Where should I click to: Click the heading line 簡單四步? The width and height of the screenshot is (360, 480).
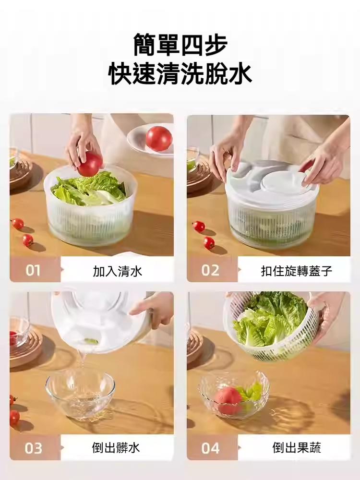[x=180, y=45]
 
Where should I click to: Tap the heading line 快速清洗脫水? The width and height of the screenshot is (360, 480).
[x=180, y=73]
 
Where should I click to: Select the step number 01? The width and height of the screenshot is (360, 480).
[x=33, y=270]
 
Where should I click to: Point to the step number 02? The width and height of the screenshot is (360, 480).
[x=211, y=270]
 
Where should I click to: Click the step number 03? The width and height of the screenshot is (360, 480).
[x=34, y=448]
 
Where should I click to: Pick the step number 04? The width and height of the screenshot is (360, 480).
[x=211, y=448]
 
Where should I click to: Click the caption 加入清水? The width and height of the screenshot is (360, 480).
[x=118, y=271]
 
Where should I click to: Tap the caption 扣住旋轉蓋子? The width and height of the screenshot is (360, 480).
[x=296, y=271]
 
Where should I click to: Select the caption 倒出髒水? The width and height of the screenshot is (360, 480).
[x=116, y=448]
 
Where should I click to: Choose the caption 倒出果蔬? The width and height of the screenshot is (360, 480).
[x=297, y=448]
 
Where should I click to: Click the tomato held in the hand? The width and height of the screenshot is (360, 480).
[x=89, y=164]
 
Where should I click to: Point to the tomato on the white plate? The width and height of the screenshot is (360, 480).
[x=159, y=139]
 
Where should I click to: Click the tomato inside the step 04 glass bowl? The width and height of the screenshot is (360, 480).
[x=228, y=400]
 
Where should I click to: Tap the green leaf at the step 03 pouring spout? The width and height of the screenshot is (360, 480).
[x=91, y=341]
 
